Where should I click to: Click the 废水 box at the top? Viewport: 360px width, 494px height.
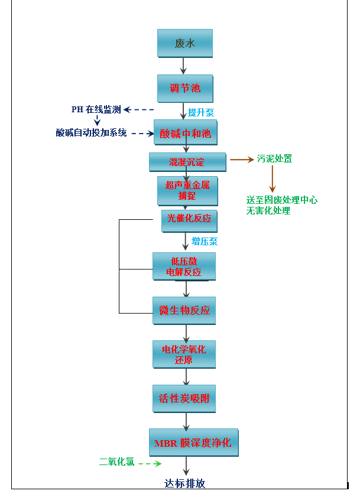pos(184,43)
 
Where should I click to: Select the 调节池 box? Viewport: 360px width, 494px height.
pos(184,89)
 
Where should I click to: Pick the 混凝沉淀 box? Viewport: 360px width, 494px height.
pos(187,161)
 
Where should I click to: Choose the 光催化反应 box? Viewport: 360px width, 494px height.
pos(189,219)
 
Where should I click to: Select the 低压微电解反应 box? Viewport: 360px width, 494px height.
pos(184,266)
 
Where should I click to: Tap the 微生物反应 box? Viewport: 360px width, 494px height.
pos(184,310)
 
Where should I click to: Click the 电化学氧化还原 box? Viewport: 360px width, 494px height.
pos(184,355)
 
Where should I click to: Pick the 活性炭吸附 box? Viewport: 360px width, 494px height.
pos(184,398)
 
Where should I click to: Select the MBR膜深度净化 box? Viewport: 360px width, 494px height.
pos(193,443)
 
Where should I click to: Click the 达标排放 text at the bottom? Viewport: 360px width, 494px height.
pos(185,483)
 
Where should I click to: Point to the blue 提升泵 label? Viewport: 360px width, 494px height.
pos(201,112)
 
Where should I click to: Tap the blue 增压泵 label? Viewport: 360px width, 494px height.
pos(204,241)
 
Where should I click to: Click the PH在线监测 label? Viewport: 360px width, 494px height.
pos(96,109)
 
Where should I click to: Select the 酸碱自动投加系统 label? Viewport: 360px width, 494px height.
pos(92,133)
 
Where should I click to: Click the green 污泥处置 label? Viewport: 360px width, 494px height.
pos(274,159)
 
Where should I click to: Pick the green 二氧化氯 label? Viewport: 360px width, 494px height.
pos(116,463)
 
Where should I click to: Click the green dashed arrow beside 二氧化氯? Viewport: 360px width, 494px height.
pos(150,464)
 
